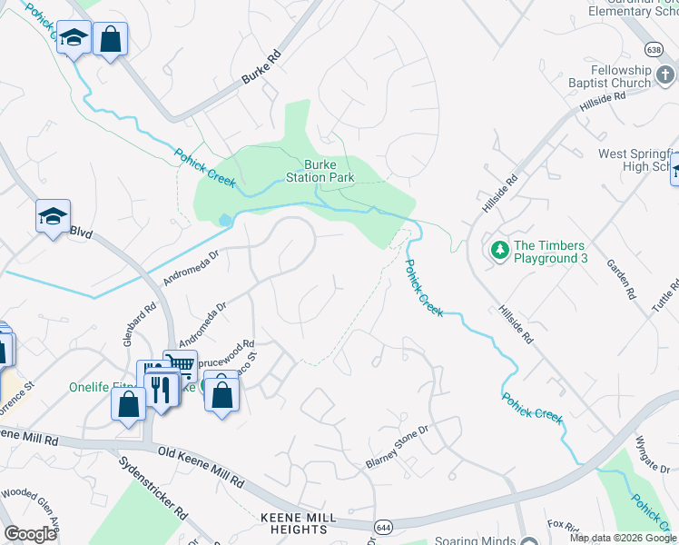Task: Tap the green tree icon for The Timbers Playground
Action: (x=498, y=249)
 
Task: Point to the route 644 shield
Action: (x=383, y=526)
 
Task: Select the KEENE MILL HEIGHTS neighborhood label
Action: (x=285, y=523)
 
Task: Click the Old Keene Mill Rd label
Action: (x=201, y=465)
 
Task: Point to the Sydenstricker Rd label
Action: (x=153, y=487)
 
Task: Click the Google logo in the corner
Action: (x=30, y=534)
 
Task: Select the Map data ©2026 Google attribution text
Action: (x=623, y=538)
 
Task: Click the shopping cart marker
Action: (x=180, y=366)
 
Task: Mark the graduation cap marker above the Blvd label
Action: (x=53, y=217)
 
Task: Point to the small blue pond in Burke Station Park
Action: (x=224, y=220)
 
